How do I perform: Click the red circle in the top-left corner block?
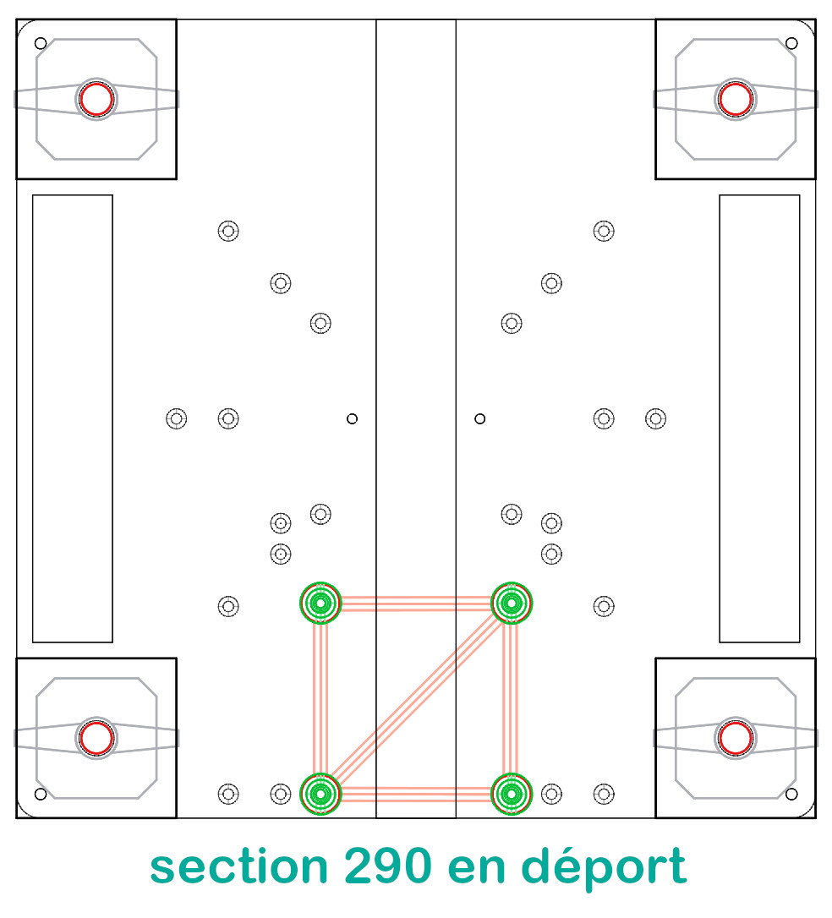(96, 99)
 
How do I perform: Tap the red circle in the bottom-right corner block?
(735, 738)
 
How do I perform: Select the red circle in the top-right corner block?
(735, 99)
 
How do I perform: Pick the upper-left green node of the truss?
(320, 603)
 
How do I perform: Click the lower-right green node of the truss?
(511, 794)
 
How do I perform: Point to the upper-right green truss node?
(511, 603)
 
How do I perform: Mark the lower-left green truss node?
(320, 794)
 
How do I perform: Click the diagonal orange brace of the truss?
(415, 699)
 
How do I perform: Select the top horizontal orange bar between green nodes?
(415, 604)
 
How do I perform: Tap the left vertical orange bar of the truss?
(320, 698)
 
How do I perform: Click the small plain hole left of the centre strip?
(353, 418)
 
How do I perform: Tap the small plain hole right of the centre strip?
(480, 418)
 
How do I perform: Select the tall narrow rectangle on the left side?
(73, 418)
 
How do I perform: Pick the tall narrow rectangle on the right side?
(759, 418)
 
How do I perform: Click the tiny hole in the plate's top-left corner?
(41, 43)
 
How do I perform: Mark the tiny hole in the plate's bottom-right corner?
(791, 794)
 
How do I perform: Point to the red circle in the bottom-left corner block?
(96, 738)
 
